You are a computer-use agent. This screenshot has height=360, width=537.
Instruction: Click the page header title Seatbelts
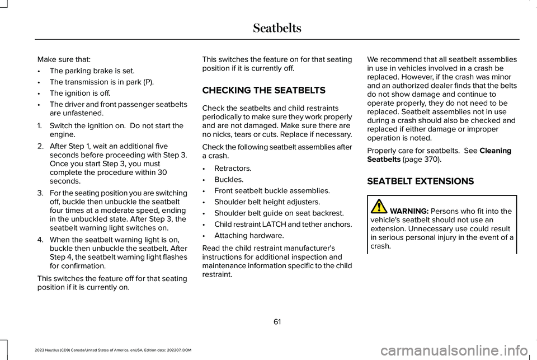(x=277, y=27)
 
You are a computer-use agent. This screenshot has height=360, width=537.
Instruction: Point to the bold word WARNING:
(x=409, y=211)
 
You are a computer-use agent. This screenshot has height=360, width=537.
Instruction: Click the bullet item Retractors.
(x=233, y=168)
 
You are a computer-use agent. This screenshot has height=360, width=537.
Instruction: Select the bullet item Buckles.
(x=229, y=180)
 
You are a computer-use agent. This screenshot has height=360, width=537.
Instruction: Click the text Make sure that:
(x=60, y=59)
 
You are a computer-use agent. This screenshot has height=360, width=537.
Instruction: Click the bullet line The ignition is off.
(x=79, y=92)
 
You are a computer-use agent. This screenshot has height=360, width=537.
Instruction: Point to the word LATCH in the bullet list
(x=272, y=225)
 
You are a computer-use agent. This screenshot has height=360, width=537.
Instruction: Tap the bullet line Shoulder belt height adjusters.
(x=267, y=202)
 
